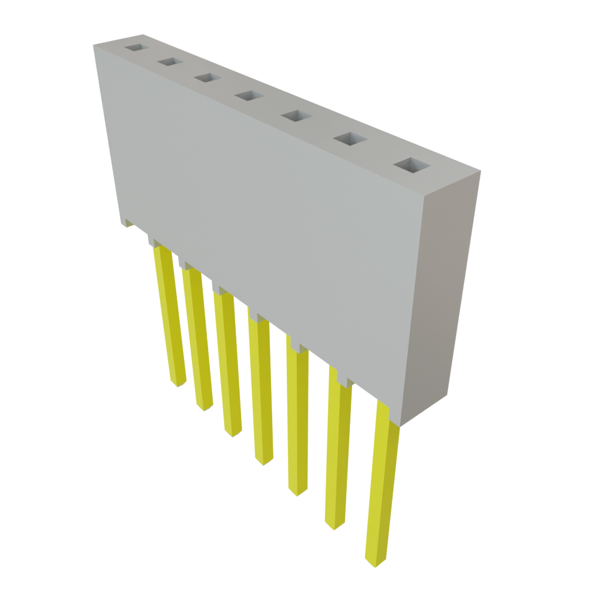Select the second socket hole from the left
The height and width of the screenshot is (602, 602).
(169, 62)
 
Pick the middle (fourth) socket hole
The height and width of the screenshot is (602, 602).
(248, 95)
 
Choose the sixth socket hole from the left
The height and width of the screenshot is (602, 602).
(349, 139)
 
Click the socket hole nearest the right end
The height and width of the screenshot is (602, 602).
(410, 166)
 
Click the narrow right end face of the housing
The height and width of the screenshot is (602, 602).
(441, 294)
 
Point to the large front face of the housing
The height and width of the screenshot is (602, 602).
(265, 223)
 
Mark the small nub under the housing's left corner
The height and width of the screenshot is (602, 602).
(128, 223)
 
